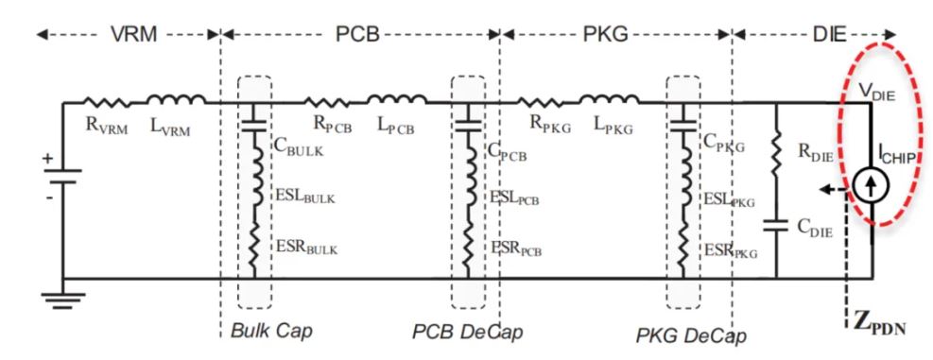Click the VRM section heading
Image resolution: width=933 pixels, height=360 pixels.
point(134,35)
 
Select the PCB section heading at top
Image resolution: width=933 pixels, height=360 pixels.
point(357,35)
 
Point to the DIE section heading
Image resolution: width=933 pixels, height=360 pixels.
point(829,35)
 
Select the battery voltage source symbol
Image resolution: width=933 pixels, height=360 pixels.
point(62,176)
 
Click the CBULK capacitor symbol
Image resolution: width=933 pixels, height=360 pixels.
point(254,127)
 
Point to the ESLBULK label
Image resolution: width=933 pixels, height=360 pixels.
point(305,197)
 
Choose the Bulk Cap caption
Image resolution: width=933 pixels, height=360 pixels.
point(271,331)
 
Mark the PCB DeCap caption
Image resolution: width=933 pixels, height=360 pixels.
point(468,332)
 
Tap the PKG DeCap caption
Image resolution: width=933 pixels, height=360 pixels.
point(691,336)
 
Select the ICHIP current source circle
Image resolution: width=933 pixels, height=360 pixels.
point(871,185)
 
